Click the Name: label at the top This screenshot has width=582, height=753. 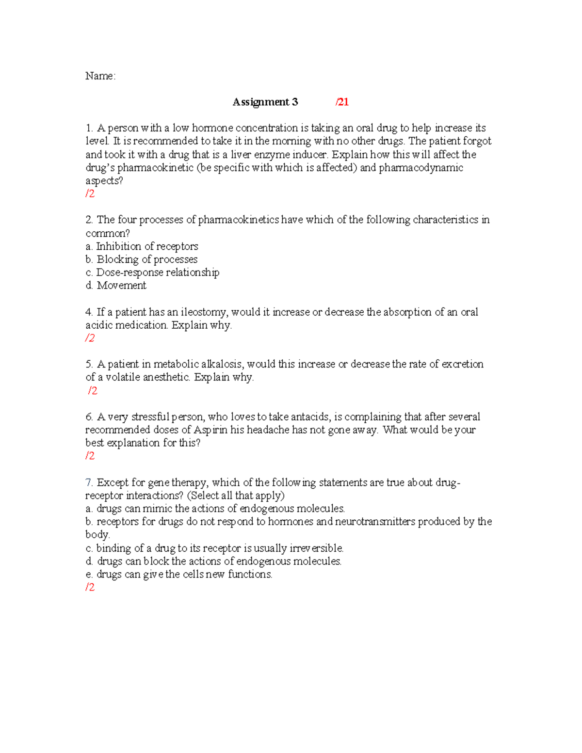click(x=100, y=76)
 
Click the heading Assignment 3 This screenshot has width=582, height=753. click(x=265, y=102)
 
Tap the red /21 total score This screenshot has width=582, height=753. click(x=342, y=102)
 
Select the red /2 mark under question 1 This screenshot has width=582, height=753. click(x=90, y=194)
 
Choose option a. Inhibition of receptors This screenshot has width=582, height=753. click(x=142, y=246)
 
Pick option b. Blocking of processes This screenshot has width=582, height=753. click(x=142, y=259)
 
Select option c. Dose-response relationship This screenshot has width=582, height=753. click(x=152, y=272)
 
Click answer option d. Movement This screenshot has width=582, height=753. click(x=116, y=286)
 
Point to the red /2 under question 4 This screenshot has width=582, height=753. click(x=90, y=338)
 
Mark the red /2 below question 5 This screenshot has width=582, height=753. click(x=93, y=391)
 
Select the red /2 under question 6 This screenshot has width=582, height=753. click(x=90, y=456)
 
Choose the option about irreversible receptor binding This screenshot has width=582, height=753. click(x=214, y=548)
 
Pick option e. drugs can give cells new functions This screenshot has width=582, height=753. click(x=179, y=575)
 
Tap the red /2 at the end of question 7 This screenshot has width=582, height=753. click(x=90, y=588)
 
